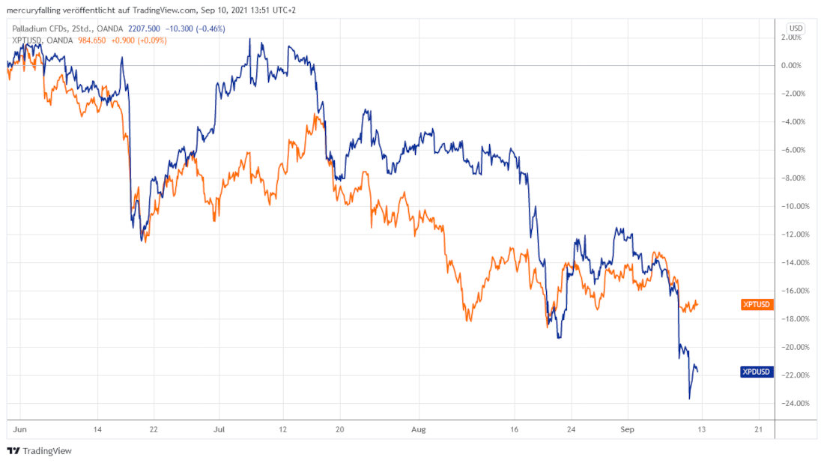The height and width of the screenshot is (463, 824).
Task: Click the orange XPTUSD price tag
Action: click(x=755, y=305)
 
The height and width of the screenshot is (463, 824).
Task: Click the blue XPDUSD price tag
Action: click(x=755, y=371)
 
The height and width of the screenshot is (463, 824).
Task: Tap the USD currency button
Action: click(x=796, y=28)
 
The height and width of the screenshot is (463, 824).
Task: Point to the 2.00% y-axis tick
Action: click(x=792, y=37)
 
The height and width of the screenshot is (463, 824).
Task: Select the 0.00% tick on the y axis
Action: click(x=792, y=65)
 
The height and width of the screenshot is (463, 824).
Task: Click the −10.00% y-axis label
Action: click(x=792, y=206)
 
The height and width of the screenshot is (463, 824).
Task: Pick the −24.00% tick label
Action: click(x=792, y=404)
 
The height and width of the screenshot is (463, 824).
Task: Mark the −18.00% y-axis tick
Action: click(x=792, y=319)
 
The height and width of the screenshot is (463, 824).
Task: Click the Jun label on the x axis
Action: click(x=19, y=430)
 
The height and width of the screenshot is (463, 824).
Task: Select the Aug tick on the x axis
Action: click(x=419, y=430)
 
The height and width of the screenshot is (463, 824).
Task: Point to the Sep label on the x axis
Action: click(x=627, y=430)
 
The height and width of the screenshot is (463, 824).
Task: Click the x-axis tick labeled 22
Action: click(x=153, y=430)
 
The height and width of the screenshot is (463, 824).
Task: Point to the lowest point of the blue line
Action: click(x=689, y=399)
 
